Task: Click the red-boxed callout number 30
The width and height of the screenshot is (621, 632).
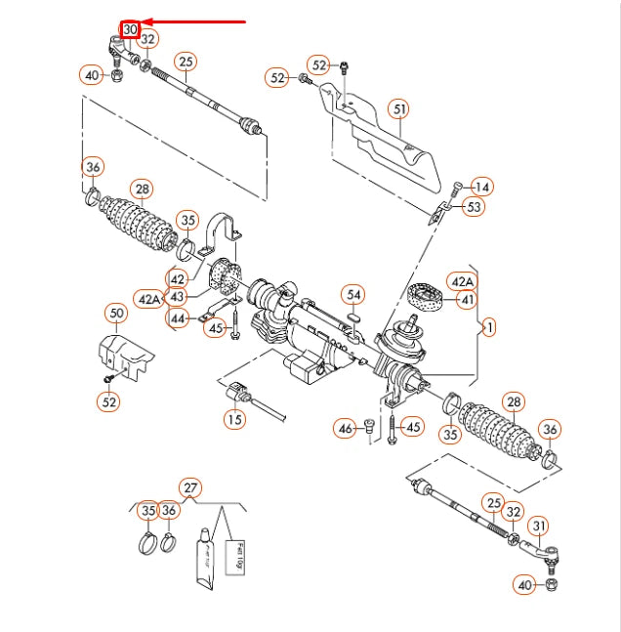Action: pos(130,29)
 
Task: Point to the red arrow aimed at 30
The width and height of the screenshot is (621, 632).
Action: pos(195,21)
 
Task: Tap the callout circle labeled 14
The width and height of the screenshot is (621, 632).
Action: pos(482,187)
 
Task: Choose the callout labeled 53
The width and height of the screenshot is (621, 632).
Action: pos(474,207)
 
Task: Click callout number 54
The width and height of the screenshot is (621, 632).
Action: pos(353,294)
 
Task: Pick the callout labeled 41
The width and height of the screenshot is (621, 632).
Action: pos(467,300)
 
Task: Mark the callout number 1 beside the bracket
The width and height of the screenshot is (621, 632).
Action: pos(489,328)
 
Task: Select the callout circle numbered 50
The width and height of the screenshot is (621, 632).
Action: pos(116,314)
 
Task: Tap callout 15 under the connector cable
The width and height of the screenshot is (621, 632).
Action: pos(234,420)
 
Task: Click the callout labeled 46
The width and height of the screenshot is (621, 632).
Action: pos(345,427)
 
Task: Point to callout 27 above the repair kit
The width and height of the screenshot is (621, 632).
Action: pos(190,487)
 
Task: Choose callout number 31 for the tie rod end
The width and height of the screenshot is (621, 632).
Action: pos(537,527)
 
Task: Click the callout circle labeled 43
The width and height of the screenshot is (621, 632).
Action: pos(177,296)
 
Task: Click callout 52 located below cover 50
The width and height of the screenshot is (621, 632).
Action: pos(109,400)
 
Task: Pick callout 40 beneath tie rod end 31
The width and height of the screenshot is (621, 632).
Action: pos(525,584)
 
